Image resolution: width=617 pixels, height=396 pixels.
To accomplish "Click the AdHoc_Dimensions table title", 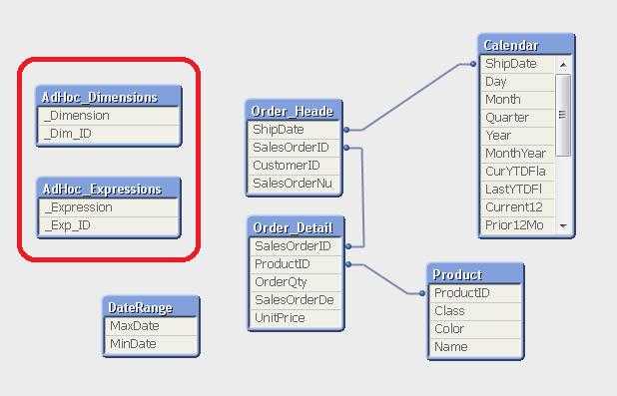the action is coord(100,97).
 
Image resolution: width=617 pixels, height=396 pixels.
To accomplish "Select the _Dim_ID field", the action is coord(68,134).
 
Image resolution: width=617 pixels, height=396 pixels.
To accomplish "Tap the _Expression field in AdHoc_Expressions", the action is coord(79,207).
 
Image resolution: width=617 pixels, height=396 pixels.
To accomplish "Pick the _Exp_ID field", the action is coord(68,225).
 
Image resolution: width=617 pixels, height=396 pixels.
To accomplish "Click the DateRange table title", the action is coord(140,307).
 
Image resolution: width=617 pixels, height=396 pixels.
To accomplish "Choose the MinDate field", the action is coord(133,344).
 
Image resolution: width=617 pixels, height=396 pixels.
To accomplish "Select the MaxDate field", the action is coord(135,325).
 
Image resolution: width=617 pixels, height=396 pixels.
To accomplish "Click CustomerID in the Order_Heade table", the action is coord(287,166).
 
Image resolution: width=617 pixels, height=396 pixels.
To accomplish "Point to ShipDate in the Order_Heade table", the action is coord(279,130).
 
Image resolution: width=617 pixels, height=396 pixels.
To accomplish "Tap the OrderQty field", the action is coord(281,282).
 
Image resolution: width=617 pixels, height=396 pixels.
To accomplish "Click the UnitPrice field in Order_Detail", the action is coord(280,318).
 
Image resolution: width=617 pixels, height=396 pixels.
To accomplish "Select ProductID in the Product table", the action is coord(462,293).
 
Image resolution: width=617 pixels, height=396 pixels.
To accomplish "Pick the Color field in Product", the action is coord(449,329).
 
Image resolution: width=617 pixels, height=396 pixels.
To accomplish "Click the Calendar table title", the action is coord(511,45).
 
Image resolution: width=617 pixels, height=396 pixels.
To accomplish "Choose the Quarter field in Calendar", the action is coord(507,118).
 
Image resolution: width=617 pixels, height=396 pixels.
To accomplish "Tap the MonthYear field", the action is coord(515,154).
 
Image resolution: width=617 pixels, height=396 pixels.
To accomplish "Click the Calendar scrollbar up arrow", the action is coord(563,65).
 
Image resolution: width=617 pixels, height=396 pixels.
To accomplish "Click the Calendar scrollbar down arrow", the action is coord(563,226).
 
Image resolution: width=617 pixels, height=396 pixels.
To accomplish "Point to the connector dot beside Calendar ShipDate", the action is coord(473,64).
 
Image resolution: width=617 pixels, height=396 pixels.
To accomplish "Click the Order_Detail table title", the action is coord(294,227).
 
